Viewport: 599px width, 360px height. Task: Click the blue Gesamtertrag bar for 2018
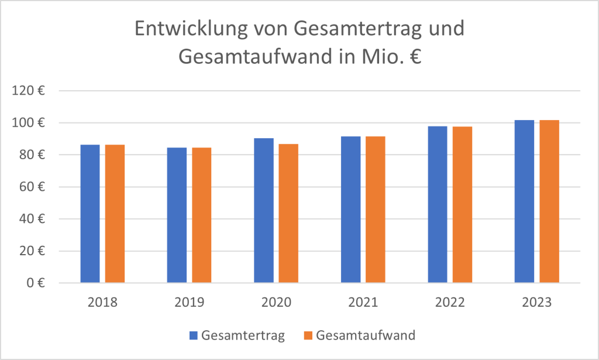(90, 214)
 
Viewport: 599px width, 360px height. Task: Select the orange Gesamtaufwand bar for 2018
(115, 214)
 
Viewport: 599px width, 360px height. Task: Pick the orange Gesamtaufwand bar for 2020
(288, 214)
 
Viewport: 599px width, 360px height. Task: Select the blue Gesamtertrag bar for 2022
(438, 205)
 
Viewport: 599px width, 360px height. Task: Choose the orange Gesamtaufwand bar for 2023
(549, 201)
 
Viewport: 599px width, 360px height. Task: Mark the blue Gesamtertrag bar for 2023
(525, 201)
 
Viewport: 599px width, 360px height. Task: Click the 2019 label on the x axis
(189, 303)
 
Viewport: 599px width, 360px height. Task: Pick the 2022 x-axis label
(450, 303)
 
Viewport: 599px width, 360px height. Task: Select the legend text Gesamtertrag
(243, 335)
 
